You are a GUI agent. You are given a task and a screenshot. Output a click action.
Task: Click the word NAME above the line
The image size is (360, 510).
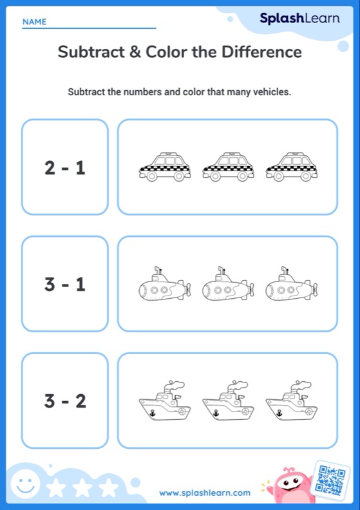35,22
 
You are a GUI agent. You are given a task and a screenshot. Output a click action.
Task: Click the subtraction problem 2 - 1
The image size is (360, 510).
65,167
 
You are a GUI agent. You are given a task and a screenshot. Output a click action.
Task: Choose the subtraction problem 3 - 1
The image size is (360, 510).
65,284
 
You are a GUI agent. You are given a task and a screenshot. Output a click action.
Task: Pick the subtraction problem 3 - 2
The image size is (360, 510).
65,401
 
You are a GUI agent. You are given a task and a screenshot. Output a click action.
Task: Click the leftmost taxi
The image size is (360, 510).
165,167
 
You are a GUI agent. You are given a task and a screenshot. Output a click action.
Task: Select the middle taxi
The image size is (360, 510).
228,167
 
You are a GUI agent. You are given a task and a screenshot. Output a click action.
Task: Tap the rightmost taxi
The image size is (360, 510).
291,167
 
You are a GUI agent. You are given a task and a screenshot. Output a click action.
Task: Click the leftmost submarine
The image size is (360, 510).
165,285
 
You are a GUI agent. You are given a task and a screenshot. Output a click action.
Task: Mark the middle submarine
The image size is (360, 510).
228,285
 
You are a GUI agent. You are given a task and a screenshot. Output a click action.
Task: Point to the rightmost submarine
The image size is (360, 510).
291,285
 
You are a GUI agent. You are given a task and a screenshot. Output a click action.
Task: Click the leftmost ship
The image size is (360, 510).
165,402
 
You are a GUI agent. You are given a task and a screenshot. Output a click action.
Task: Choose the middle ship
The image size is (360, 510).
228,402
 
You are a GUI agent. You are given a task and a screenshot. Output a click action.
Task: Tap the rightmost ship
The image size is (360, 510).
291,402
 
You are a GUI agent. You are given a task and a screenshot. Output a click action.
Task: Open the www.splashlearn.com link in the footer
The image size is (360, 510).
205,493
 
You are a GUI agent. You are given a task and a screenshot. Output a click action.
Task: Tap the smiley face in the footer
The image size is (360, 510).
24,485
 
